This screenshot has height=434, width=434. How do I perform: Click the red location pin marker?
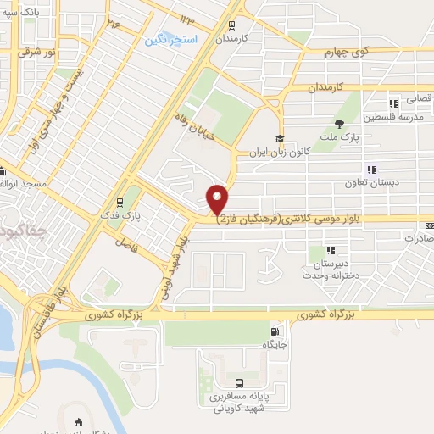point(218,198)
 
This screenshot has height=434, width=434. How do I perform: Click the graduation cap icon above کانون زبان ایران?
point(279,139)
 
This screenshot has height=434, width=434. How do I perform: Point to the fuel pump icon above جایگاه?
point(273,331)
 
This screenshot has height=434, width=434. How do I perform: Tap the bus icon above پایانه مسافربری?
point(238,382)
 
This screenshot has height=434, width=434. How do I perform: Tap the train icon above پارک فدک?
point(120,202)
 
